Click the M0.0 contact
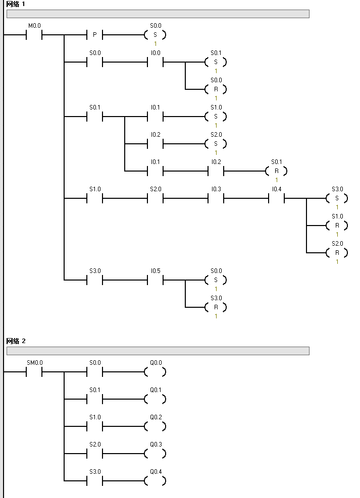[34, 35]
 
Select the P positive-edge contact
[94, 35]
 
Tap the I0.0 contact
[155, 62]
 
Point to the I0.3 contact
[216, 198]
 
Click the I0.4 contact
[276, 198]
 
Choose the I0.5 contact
[155, 280]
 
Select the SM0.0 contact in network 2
[34, 372]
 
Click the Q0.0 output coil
[155, 372]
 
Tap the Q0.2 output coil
[155, 427]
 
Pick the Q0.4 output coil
[155, 481]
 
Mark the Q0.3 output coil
[155, 454]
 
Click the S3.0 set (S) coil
[337, 198]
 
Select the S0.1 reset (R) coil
[276, 171]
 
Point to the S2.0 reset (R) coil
[337, 253]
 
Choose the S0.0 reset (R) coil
[216, 89]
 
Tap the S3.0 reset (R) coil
[216, 307]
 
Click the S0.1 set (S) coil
[216, 62]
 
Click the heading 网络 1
[16, 4]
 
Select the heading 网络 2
[16, 341]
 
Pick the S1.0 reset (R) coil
[337, 226]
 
